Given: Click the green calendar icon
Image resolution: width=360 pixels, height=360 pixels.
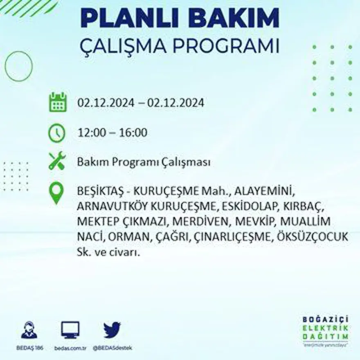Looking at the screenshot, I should pos(58,102).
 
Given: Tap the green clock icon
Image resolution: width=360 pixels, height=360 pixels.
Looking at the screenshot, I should pos(57,133).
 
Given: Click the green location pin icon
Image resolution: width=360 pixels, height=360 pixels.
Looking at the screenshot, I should pos(56,193).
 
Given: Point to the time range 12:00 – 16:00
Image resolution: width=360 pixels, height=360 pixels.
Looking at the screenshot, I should pos(112,133).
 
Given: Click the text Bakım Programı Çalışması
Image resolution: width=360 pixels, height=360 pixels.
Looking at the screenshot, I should pos(144,162).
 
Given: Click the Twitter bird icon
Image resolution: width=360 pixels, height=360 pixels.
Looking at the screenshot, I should pos(112,330).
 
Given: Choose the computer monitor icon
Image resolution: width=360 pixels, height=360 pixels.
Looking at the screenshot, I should pos(70,330).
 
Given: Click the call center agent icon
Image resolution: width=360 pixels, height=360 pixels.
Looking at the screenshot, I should pos(29,330).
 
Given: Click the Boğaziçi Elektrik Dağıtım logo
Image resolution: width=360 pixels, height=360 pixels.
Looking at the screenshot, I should pos(326,331).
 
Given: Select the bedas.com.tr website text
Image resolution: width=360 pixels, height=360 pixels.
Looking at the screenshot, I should pos(70,348).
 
